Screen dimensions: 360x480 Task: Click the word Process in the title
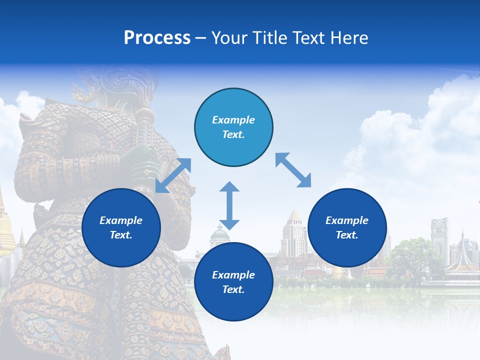coord(157,38)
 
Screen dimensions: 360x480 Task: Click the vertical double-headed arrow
coord(229,205)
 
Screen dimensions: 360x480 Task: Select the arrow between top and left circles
coord(173,175)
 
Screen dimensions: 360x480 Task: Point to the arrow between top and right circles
coord(293,170)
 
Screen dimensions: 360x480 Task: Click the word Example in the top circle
coord(233,120)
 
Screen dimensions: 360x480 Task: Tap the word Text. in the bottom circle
coord(233,289)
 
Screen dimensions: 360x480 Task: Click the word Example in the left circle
coord(121,220)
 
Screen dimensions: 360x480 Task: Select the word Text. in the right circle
coord(347,235)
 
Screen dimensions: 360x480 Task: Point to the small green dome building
coord(219,233)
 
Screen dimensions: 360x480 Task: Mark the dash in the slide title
coord(200,38)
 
